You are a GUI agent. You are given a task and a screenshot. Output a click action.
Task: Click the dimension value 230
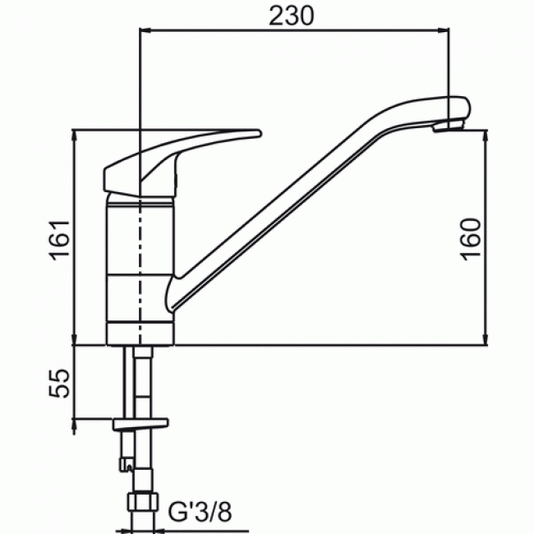[x=294, y=16]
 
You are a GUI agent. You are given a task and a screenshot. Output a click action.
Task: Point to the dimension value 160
[x=470, y=239]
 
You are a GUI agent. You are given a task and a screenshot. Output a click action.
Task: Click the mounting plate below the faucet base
[x=140, y=424]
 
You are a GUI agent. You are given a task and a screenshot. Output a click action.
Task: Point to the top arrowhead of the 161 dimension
[x=75, y=134]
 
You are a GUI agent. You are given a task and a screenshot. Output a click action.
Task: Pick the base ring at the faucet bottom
[x=140, y=332]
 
